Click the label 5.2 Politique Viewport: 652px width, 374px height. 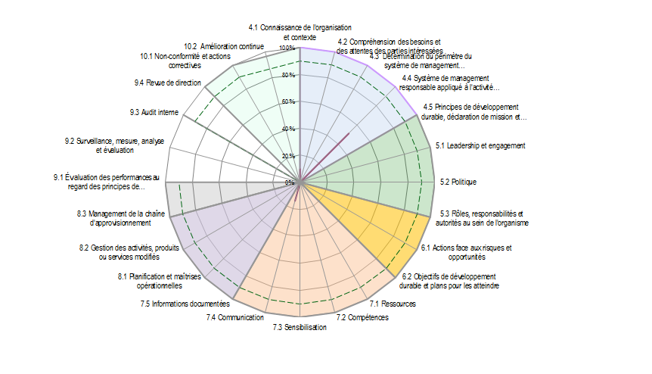pyautogui.click(x=458, y=182)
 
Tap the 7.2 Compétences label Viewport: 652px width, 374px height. pyautogui.click(x=362, y=317)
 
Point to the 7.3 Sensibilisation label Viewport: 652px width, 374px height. pyautogui.click(x=300, y=327)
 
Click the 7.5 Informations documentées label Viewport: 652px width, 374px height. pyautogui.click(x=185, y=304)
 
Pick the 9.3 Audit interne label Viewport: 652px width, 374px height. pyautogui.click(x=154, y=113)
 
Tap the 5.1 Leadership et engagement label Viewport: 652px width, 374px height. pyautogui.click(x=481, y=145)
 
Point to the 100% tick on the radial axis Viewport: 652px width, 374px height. pyautogui.click(x=287, y=48)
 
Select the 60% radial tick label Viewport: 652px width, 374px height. pyautogui.click(x=289, y=102)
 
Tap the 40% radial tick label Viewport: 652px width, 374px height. pyautogui.click(x=289, y=129)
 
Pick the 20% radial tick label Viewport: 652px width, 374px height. pyautogui.click(x=289, y=156)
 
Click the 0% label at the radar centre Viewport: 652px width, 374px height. pyautogui.click(x=290, y=182)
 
